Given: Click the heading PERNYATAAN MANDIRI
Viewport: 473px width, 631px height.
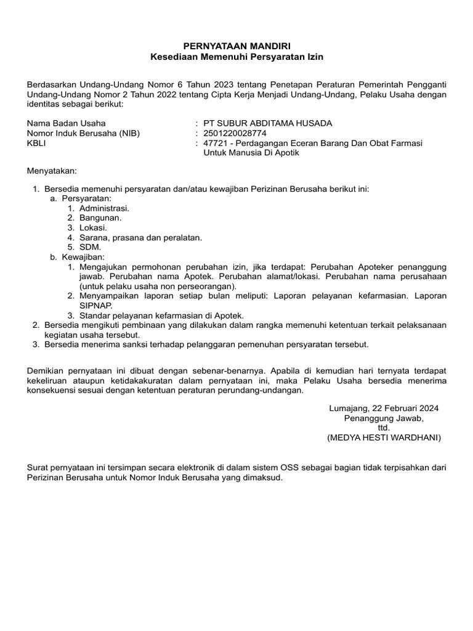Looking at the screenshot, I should pyautogui.click(x=236, y=46).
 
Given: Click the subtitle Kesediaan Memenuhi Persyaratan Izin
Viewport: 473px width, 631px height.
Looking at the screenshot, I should pyautogui.click(x=236, y=57).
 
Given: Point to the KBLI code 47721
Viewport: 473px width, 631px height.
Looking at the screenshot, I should pyautogui.click(x=215, y=143).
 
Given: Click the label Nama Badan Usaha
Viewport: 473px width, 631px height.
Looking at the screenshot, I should pyautogui.click(x=66, y=123).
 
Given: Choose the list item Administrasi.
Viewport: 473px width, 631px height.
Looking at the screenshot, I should pyautogui.click(x=104, y=209).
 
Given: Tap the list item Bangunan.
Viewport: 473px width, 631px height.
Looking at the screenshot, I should pyautogui.click(x=100, y=218).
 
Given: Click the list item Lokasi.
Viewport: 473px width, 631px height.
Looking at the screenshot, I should pyautogui.click(x=93, y=228).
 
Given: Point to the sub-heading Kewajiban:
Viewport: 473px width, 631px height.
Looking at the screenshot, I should pyautogui.click(x=84, y=257).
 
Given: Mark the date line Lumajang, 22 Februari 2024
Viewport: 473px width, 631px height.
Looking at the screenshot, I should pyautogui.click(x=384, y=409).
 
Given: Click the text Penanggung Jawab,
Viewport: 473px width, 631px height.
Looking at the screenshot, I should pyautogui.click(x=384, y=418).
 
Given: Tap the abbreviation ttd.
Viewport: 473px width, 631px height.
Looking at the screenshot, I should pyautogui.click(x=384, y=428).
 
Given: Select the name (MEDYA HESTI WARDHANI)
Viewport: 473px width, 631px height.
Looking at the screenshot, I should pyautogui.click(x=384, y=438).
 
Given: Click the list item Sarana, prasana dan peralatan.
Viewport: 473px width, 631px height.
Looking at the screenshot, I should pyautogui.click(x=140, y=237).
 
